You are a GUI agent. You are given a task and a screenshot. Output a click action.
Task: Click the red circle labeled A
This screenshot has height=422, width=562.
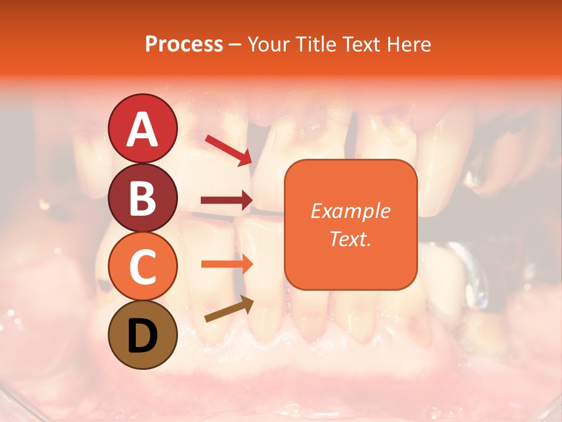142,128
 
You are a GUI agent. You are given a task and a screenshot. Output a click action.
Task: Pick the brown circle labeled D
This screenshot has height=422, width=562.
142,335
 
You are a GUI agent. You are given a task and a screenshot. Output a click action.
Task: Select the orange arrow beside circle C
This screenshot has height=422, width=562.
227,264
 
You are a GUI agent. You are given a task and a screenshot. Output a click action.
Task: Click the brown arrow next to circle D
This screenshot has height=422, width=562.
229,310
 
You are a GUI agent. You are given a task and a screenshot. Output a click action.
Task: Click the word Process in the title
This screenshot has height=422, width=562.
184,45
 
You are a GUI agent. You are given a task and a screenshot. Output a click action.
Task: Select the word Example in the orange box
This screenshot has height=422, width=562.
350,211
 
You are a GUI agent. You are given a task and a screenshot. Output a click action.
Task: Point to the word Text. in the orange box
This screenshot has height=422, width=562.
350,239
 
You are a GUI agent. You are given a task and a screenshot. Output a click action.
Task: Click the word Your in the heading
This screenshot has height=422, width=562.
267,45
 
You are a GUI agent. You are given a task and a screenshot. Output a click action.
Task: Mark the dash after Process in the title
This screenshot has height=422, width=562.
235,45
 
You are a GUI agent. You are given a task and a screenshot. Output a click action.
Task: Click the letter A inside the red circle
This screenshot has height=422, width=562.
142,130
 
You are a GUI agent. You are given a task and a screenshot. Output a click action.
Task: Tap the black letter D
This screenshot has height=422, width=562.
142,336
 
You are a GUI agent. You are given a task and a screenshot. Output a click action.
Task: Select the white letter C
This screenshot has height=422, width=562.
142,266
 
